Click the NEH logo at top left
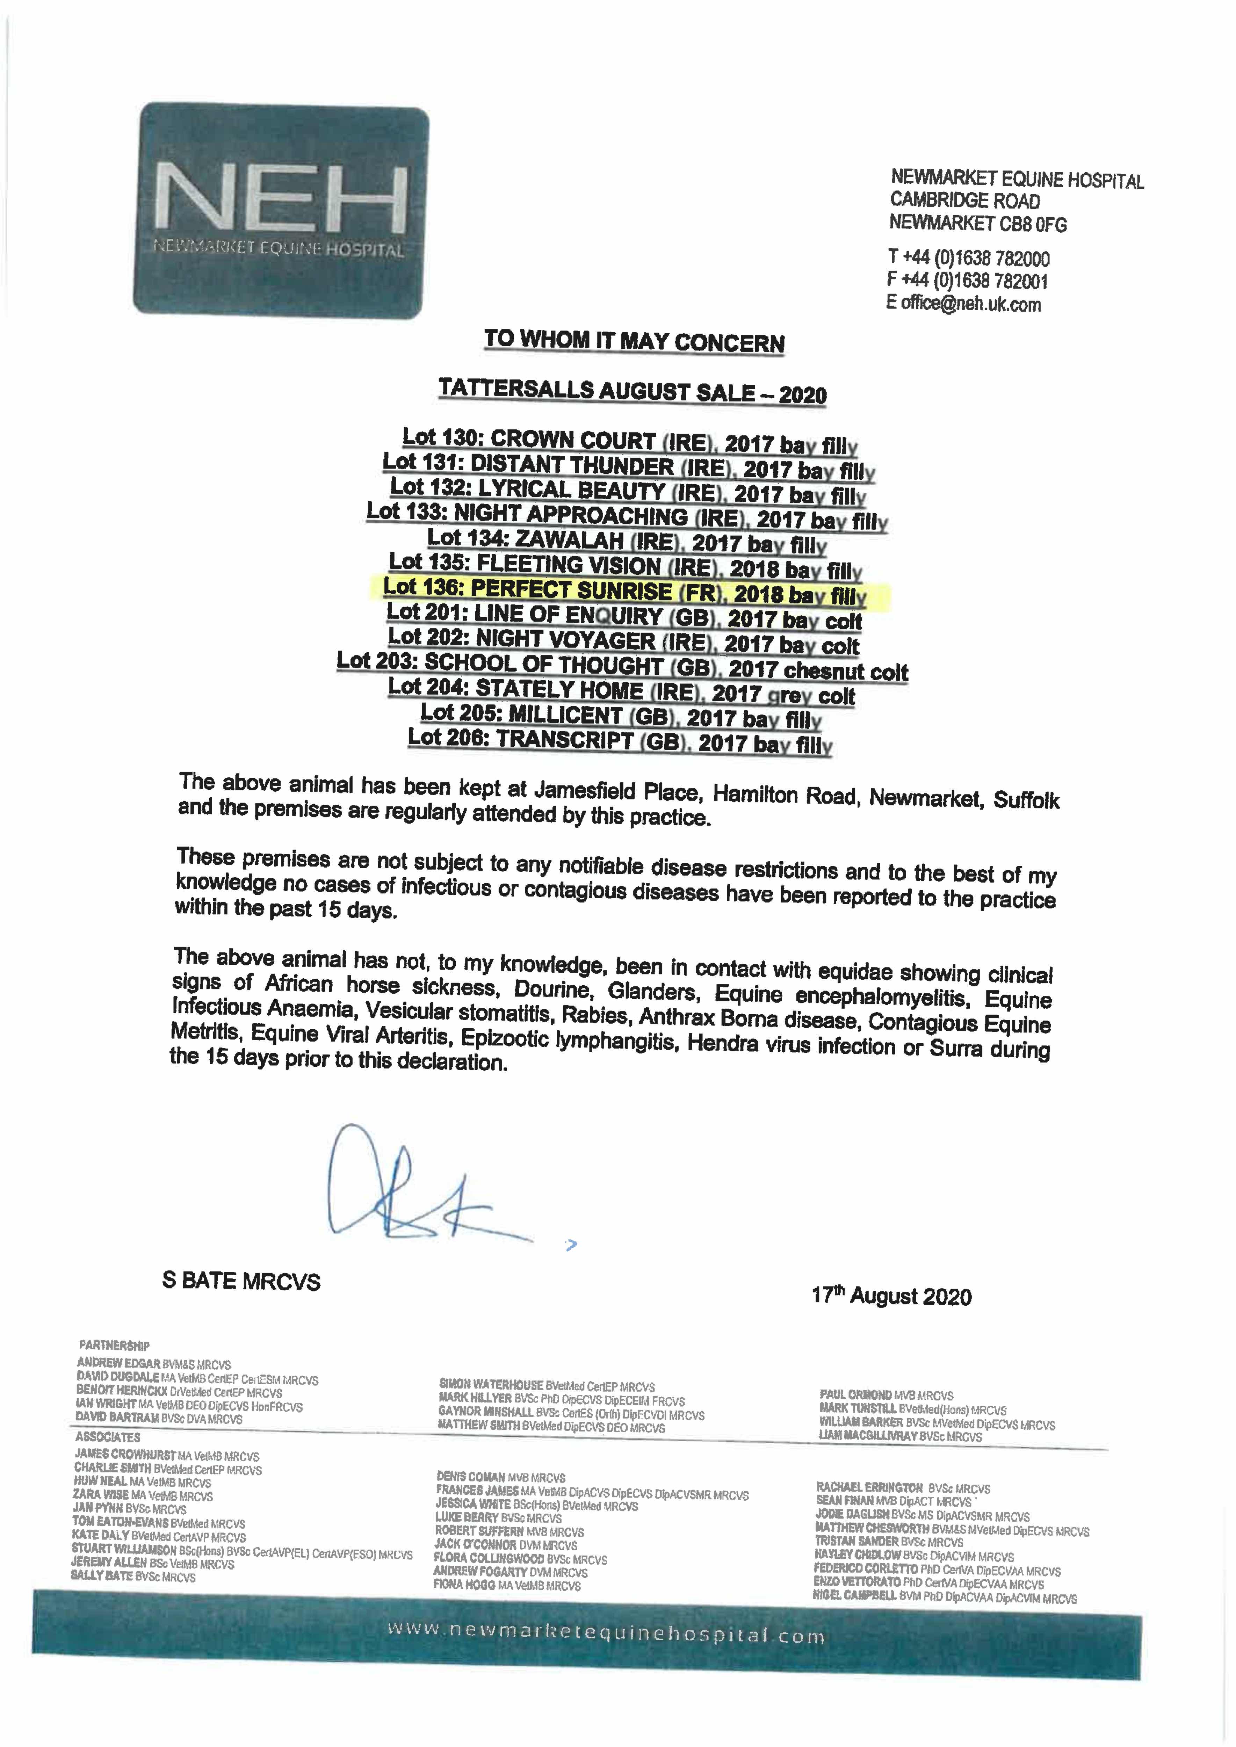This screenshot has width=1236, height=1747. point(281,209)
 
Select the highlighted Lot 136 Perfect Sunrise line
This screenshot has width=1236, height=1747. point(624,591)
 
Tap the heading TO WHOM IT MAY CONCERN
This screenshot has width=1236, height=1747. point(634,341)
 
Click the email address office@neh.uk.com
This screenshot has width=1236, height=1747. point(963,304)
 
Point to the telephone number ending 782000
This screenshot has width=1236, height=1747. point(969,258)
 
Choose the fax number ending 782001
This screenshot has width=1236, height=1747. point(967,281)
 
